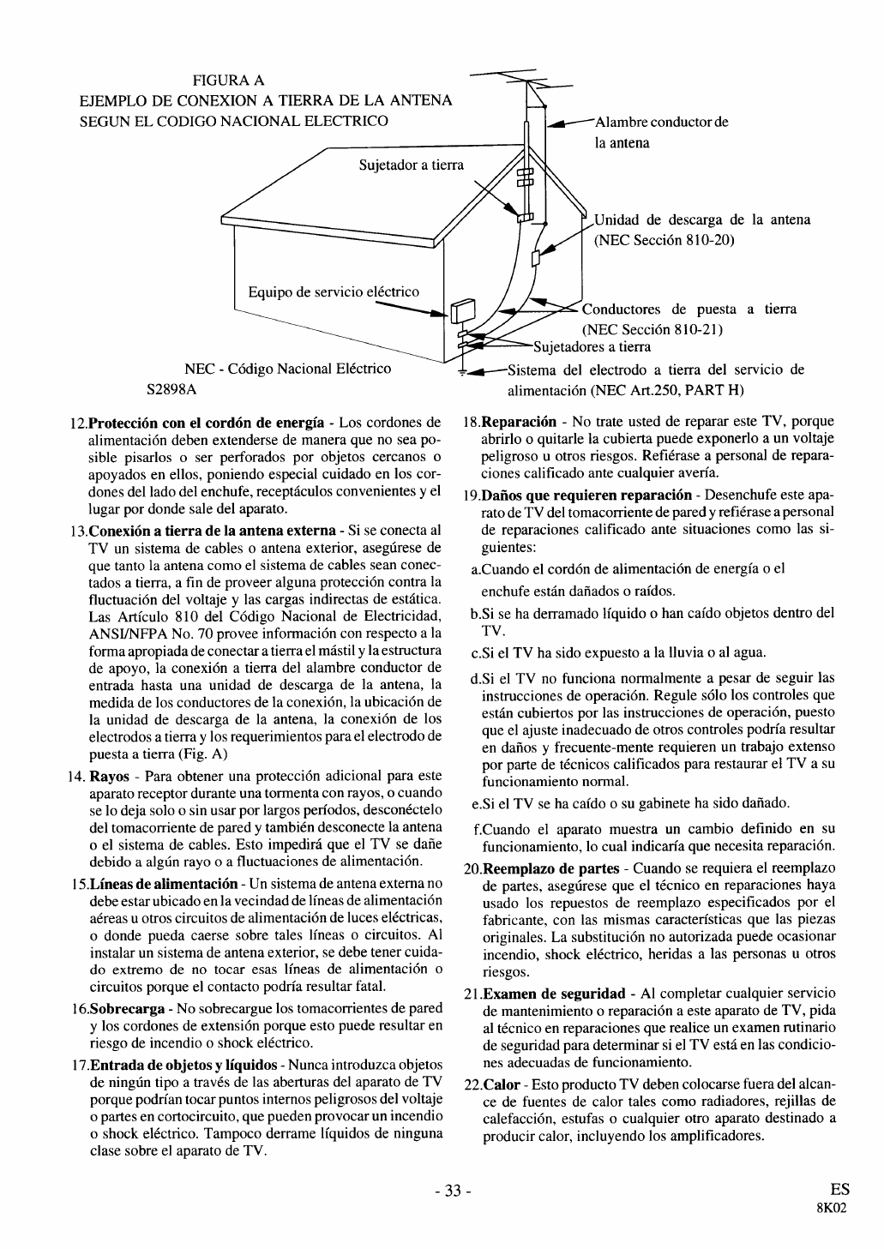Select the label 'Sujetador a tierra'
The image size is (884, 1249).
411,165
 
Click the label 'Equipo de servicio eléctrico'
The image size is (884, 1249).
334,291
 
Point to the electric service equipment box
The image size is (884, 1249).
463,309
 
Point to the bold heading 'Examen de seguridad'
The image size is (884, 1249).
554,994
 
